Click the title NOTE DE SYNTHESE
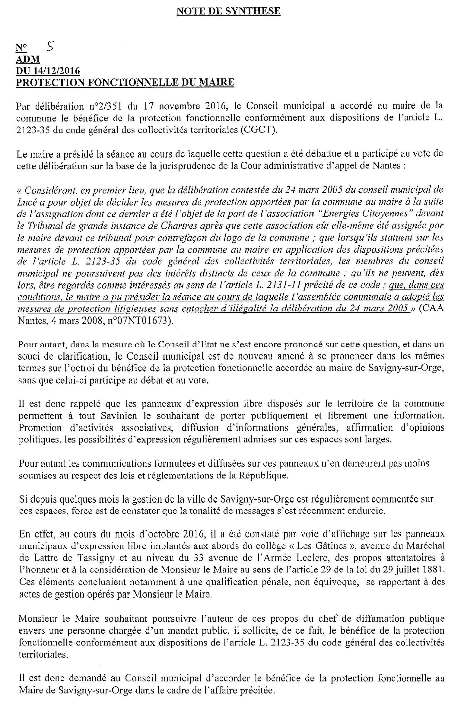click(228, 11)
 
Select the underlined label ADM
click(28, 59)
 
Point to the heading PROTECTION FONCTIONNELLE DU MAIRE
click(125, 82)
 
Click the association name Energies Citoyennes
click(373, 214)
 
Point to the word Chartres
click(179, 226)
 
